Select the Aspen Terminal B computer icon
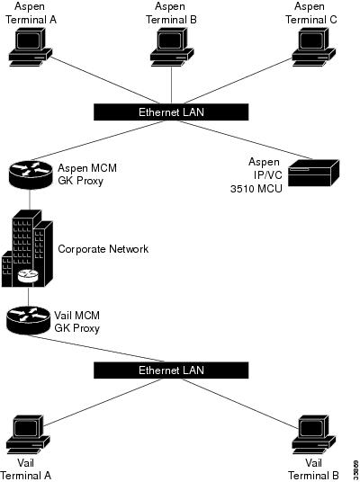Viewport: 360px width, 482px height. (x=168, y=45)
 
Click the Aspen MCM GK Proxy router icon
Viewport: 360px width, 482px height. (x=27, y=173)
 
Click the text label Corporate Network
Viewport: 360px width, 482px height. (x=103, y=248)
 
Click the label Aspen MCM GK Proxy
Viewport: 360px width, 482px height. (x=87, y=174)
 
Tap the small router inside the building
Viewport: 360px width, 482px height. (x=27, y=276)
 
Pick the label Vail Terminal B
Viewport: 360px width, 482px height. (x=314, y=468)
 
